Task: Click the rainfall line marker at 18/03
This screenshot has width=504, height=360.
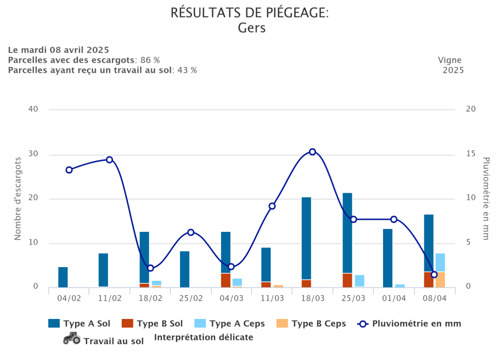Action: [x=312, y=152]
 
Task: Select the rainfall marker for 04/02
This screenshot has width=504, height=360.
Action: [x=69, y=170]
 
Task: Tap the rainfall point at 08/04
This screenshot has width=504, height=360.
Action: [x=434, y=274]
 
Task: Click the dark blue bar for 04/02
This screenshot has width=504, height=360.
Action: [x=63, y=277]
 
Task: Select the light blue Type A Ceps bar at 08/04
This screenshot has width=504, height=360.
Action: [x=440, y=262]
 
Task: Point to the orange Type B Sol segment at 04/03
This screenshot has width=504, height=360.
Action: [x=226, y=280]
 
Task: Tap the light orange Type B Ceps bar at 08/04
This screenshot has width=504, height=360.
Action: [x=440, y=279]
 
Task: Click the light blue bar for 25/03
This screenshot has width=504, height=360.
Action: [x=360, y=281]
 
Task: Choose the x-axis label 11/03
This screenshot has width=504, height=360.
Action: [x=272, y=298]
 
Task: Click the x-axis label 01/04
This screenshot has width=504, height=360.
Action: [x=394, y=298]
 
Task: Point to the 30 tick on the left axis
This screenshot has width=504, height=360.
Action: [x=33, y=154]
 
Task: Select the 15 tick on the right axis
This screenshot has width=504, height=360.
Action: [x=470, y=154]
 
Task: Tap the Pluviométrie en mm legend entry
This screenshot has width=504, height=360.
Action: [x=416, y=323]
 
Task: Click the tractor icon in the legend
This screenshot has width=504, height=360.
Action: [x=72, y=338]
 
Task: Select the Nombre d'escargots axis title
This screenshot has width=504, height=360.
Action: [x=18, y=199]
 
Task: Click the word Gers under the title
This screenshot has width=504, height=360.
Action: [x=252, y=28]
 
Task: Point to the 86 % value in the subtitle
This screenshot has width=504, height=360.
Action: [x=150, y=60]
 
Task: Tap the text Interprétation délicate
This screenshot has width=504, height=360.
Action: [x=204, y=337]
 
